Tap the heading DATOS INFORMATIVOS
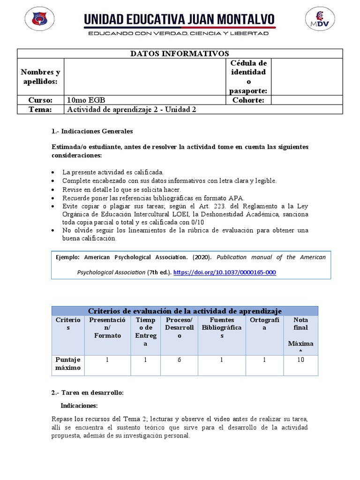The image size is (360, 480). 180,53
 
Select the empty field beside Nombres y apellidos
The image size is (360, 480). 145,76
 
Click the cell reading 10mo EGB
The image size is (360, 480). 86,100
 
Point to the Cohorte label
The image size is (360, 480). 248,100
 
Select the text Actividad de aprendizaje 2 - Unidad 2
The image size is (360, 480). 132,110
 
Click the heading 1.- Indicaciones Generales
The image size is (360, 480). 92,131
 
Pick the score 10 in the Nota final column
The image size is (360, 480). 300,360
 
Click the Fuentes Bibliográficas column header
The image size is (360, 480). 221,328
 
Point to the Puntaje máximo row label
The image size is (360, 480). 68,364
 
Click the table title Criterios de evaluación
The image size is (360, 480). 185,311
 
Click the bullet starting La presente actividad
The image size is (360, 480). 112,172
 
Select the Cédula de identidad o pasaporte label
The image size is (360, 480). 248,76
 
